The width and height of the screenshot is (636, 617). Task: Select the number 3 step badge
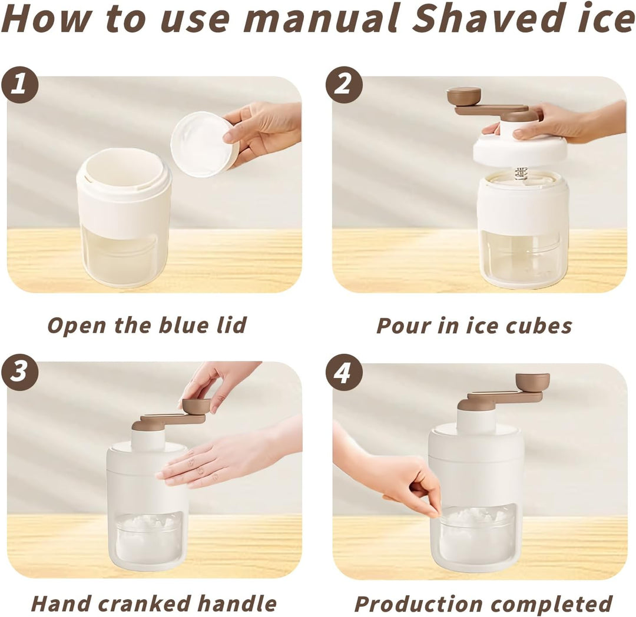tap(19, 371)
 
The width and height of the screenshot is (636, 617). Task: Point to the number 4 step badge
tap(344, 371)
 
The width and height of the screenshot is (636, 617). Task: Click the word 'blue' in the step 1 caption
tap(185, 325)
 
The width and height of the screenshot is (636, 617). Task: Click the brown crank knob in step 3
tap(197, 406)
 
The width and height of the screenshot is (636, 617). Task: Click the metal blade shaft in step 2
tap(521, 174)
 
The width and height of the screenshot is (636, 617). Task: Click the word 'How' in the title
tap(45, 18)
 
